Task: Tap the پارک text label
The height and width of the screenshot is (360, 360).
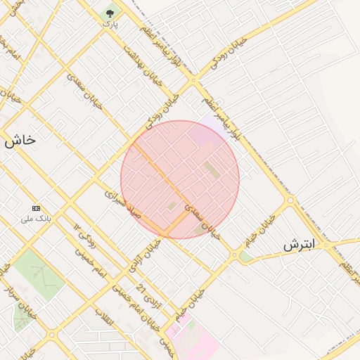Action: tap(110, 24)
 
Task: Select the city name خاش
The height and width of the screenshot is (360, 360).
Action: tap(19, 140)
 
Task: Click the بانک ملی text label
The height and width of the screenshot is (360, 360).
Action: tap(37, 219)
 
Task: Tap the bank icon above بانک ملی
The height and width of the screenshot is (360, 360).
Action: tap(37, 209)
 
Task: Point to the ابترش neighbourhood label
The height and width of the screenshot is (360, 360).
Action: tap(300, 245)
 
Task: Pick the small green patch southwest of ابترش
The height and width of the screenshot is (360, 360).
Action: tap(245, 257)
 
